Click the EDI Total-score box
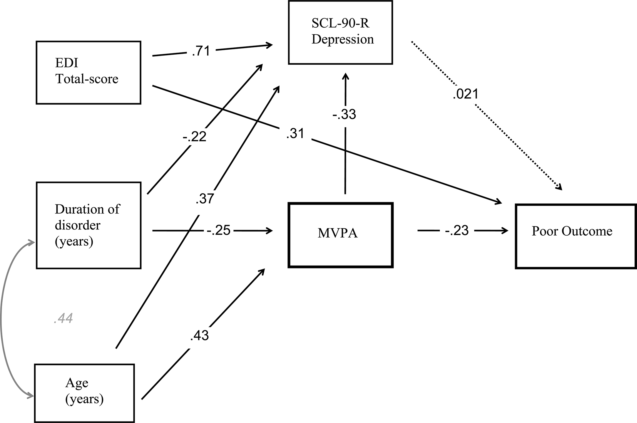88,73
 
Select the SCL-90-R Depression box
340,32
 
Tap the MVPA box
340,235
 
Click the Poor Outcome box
575,236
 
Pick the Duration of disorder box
88,225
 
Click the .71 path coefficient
201,51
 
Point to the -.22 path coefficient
194,137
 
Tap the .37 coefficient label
205,199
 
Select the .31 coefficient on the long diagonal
295,134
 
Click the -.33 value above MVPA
344,115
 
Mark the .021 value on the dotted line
466,94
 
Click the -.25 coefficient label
218,231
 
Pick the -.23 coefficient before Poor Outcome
457,231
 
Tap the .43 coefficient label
199,335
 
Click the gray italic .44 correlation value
63,318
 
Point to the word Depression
342,39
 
